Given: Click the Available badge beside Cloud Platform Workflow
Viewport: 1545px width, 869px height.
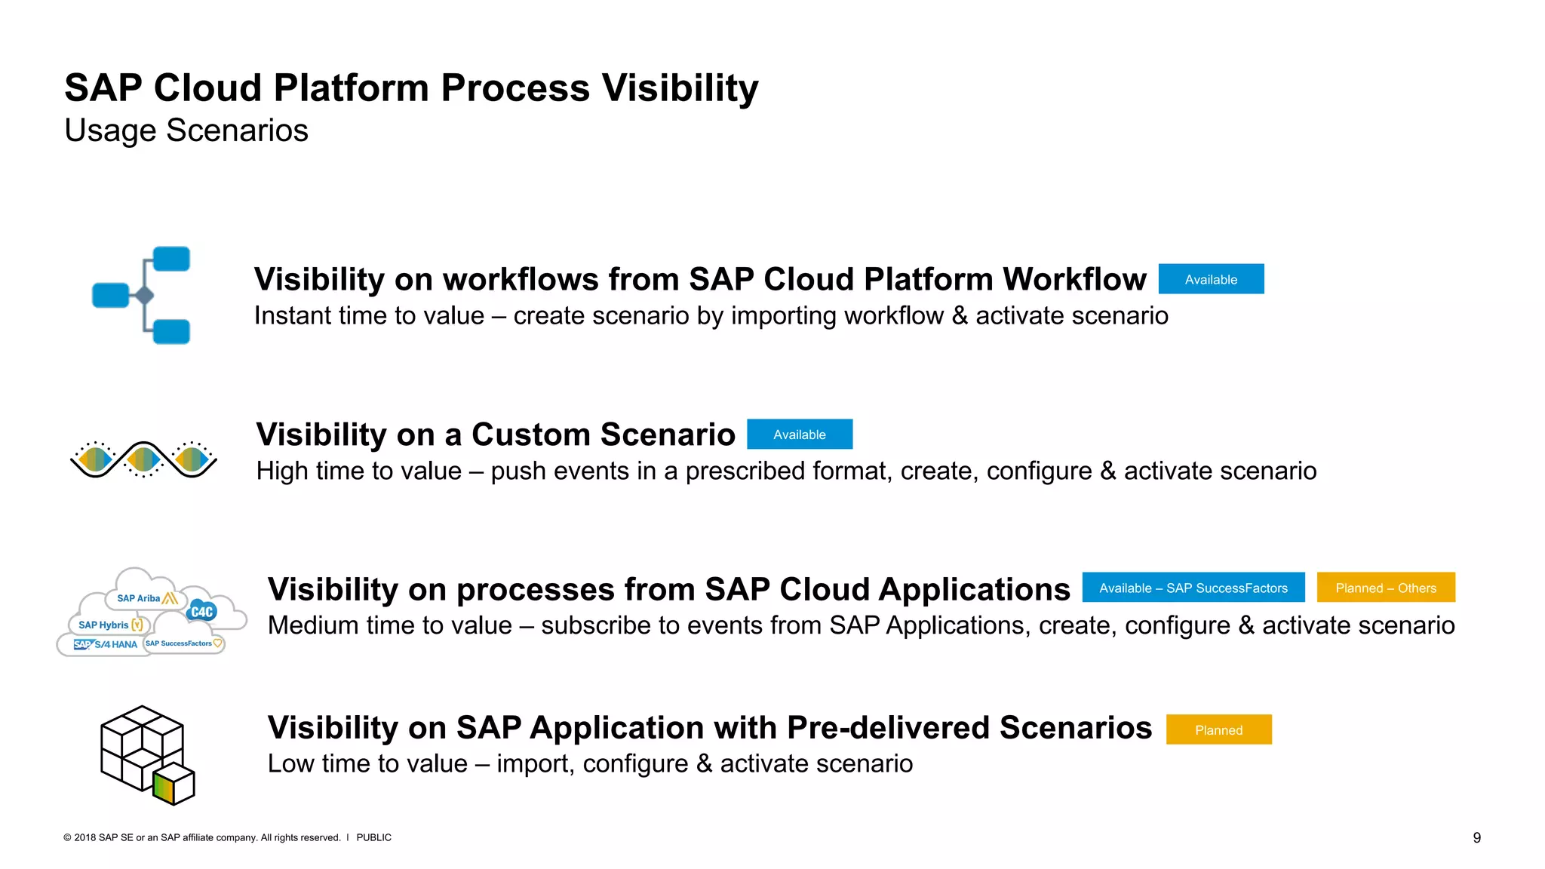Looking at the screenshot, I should click(x=1211, y=279).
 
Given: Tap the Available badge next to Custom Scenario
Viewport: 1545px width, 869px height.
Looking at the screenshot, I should click(x=800, y=434).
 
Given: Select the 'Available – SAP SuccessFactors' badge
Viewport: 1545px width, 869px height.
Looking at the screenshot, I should click(x=1193, y=588).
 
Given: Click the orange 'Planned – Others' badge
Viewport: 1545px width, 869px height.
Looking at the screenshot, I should click(x=1385, y=588).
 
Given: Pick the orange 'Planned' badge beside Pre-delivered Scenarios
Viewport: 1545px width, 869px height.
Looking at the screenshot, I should click(x=1218, y=729).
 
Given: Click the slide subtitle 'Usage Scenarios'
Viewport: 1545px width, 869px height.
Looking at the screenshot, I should click(x=186, y=131).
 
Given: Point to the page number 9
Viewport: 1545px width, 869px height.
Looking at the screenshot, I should click(x=1476, y=837).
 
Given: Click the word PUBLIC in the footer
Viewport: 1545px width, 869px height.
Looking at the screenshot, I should click(x=373, y=837).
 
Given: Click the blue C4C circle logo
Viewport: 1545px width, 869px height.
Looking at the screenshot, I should click(x=201, y=612).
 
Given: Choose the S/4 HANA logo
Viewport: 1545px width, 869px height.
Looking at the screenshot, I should click(x=106, y=644).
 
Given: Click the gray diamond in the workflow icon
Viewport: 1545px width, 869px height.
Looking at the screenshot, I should click(x=144, y=296).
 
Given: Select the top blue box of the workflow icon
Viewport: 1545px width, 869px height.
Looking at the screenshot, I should click(x=171, y=259).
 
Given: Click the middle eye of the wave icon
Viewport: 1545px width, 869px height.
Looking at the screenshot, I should click(x=143, y=458).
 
